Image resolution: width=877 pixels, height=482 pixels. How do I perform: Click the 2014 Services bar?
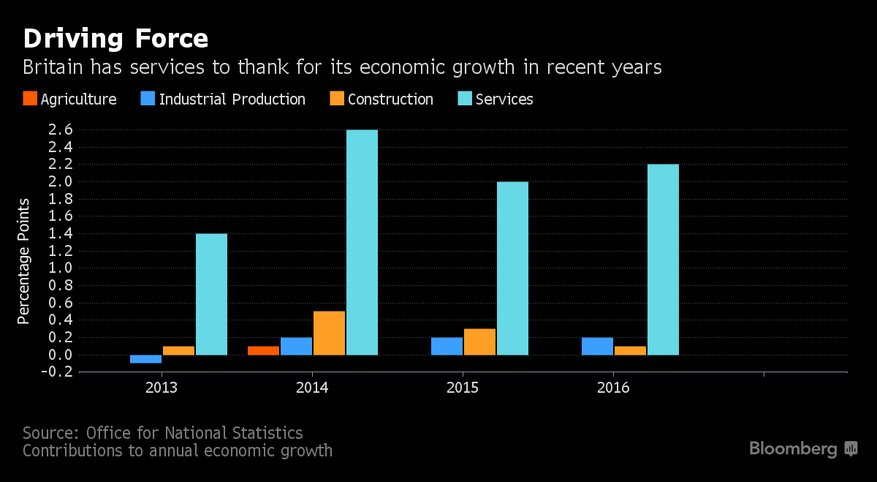[362, 242]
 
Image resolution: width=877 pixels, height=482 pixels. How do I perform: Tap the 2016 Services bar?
[663, 260]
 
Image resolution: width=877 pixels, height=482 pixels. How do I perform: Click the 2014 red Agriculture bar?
[263, 350]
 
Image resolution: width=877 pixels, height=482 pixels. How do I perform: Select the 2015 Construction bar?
[479, 342]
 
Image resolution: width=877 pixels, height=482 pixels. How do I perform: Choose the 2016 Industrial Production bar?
[597, 346]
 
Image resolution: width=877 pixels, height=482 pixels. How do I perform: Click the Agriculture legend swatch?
[29, 99]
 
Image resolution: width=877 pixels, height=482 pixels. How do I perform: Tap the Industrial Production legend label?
[232, 99]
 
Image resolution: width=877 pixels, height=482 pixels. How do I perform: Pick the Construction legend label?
[390, 99]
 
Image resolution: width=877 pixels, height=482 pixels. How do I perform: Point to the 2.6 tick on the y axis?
[61, 129]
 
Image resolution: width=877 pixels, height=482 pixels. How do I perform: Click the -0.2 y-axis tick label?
[58, 372]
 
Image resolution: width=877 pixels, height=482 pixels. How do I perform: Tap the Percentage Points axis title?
[24, 260]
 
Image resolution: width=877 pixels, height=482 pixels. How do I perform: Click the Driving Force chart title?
[115, 38]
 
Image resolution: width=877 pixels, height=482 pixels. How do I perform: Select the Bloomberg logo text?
[793, 448]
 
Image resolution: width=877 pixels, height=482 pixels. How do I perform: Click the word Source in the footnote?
[50, 432]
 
